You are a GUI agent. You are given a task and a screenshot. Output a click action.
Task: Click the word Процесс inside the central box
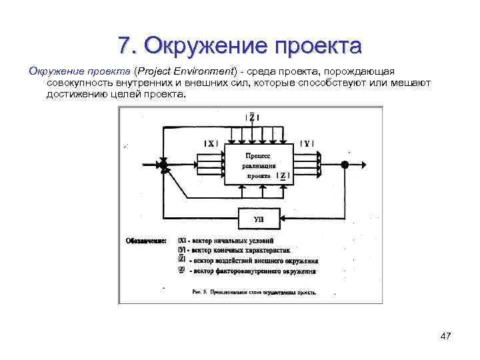click(257, 155)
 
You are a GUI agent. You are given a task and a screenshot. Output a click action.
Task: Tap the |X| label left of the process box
click(211, 143)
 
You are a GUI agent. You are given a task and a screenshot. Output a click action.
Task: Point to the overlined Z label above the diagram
click(252, 117)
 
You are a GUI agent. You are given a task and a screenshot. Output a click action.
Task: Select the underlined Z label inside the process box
click(283, 177)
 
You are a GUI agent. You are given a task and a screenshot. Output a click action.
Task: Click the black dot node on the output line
click(344, 164)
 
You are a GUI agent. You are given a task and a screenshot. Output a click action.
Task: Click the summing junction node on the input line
click(162, 164)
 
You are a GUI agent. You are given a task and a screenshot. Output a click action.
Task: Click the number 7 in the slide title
click(123, 46)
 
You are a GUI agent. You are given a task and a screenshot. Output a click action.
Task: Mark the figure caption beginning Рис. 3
click(253, 291)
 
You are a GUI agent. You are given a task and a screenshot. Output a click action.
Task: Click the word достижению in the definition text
click(72, 95)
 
